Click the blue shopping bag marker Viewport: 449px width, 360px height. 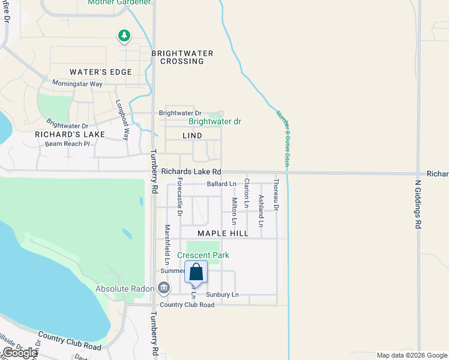pyautogui.click(x=196, y=273)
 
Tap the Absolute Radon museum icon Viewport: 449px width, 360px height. pyautogui.click(x=164, y=289)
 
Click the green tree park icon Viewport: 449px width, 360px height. pyautogui.click(x=124, y=36)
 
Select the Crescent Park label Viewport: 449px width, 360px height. pyautogui.click(x=203, y=255)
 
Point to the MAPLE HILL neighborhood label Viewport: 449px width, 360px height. pyautogui.click(x=222, y=233)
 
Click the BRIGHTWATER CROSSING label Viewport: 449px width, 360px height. pyautogui.click(x=182, y=57)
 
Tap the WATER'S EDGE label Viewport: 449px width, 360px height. pyautogui.click(x=101, y=72)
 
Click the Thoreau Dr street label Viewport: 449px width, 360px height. pyautogui.click(x=276, y=194)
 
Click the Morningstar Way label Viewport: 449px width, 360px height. pyautogui.click(x=77, y=83)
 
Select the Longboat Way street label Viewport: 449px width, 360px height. pyautogui.click(x=122, y=119)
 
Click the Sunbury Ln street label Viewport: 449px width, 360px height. pyautogui.click(x=222, y=295)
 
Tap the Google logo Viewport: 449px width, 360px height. pyautogui.click(x=20, y=353)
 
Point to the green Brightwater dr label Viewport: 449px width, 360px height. pyautogui.click(x=214, y=121)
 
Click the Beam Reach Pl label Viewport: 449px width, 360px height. pyautogui.click(x=67, y=144)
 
